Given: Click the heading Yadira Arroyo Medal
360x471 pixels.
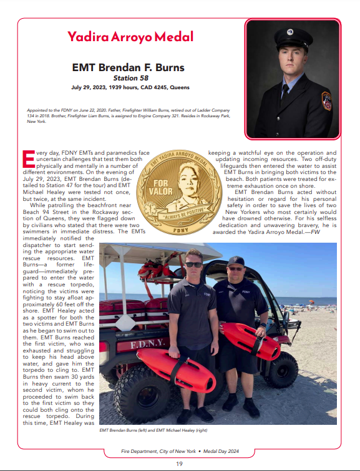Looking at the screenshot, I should tap(130, 37).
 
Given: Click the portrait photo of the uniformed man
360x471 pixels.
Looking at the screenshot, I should tap(293, 79).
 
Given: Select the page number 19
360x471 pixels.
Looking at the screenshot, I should tap(179, 464).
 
